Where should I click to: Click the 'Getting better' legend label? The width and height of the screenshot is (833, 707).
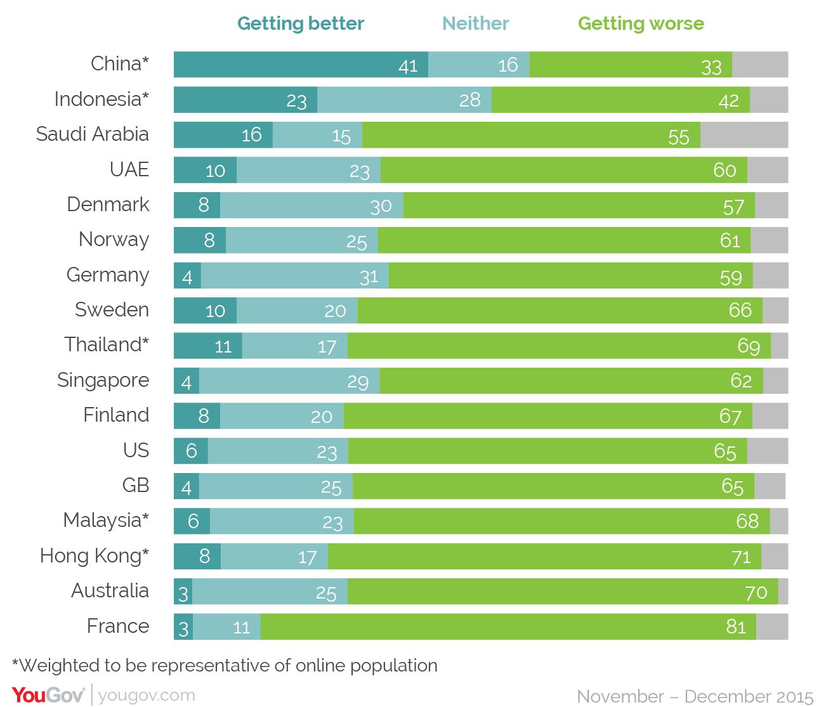pos(300,23)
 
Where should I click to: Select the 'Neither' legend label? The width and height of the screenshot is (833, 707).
pos(475,23)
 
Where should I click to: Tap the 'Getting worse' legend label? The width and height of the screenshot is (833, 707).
pos(641,23)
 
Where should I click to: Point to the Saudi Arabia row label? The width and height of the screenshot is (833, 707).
pos(93,134)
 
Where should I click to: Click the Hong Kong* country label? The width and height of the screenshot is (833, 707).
pos(95,555)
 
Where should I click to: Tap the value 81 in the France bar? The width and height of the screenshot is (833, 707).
pos(736,626)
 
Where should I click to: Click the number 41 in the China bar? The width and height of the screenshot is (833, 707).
pos(408,66)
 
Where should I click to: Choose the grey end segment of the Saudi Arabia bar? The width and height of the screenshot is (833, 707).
pos(744,135)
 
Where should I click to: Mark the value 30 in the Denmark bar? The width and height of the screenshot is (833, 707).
pos(381,206)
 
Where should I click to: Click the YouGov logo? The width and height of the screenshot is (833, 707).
pos(48,695)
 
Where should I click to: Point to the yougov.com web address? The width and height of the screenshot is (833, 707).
pos(147,695)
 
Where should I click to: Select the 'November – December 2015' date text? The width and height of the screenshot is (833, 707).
pos(695,696)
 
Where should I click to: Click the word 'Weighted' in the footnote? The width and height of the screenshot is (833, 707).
pos(60,665)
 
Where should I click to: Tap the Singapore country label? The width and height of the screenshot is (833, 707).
pos(103,380)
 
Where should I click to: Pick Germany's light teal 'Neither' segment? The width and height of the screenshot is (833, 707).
pos(294,276)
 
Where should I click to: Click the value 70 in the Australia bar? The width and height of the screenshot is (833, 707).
pos(756,592)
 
